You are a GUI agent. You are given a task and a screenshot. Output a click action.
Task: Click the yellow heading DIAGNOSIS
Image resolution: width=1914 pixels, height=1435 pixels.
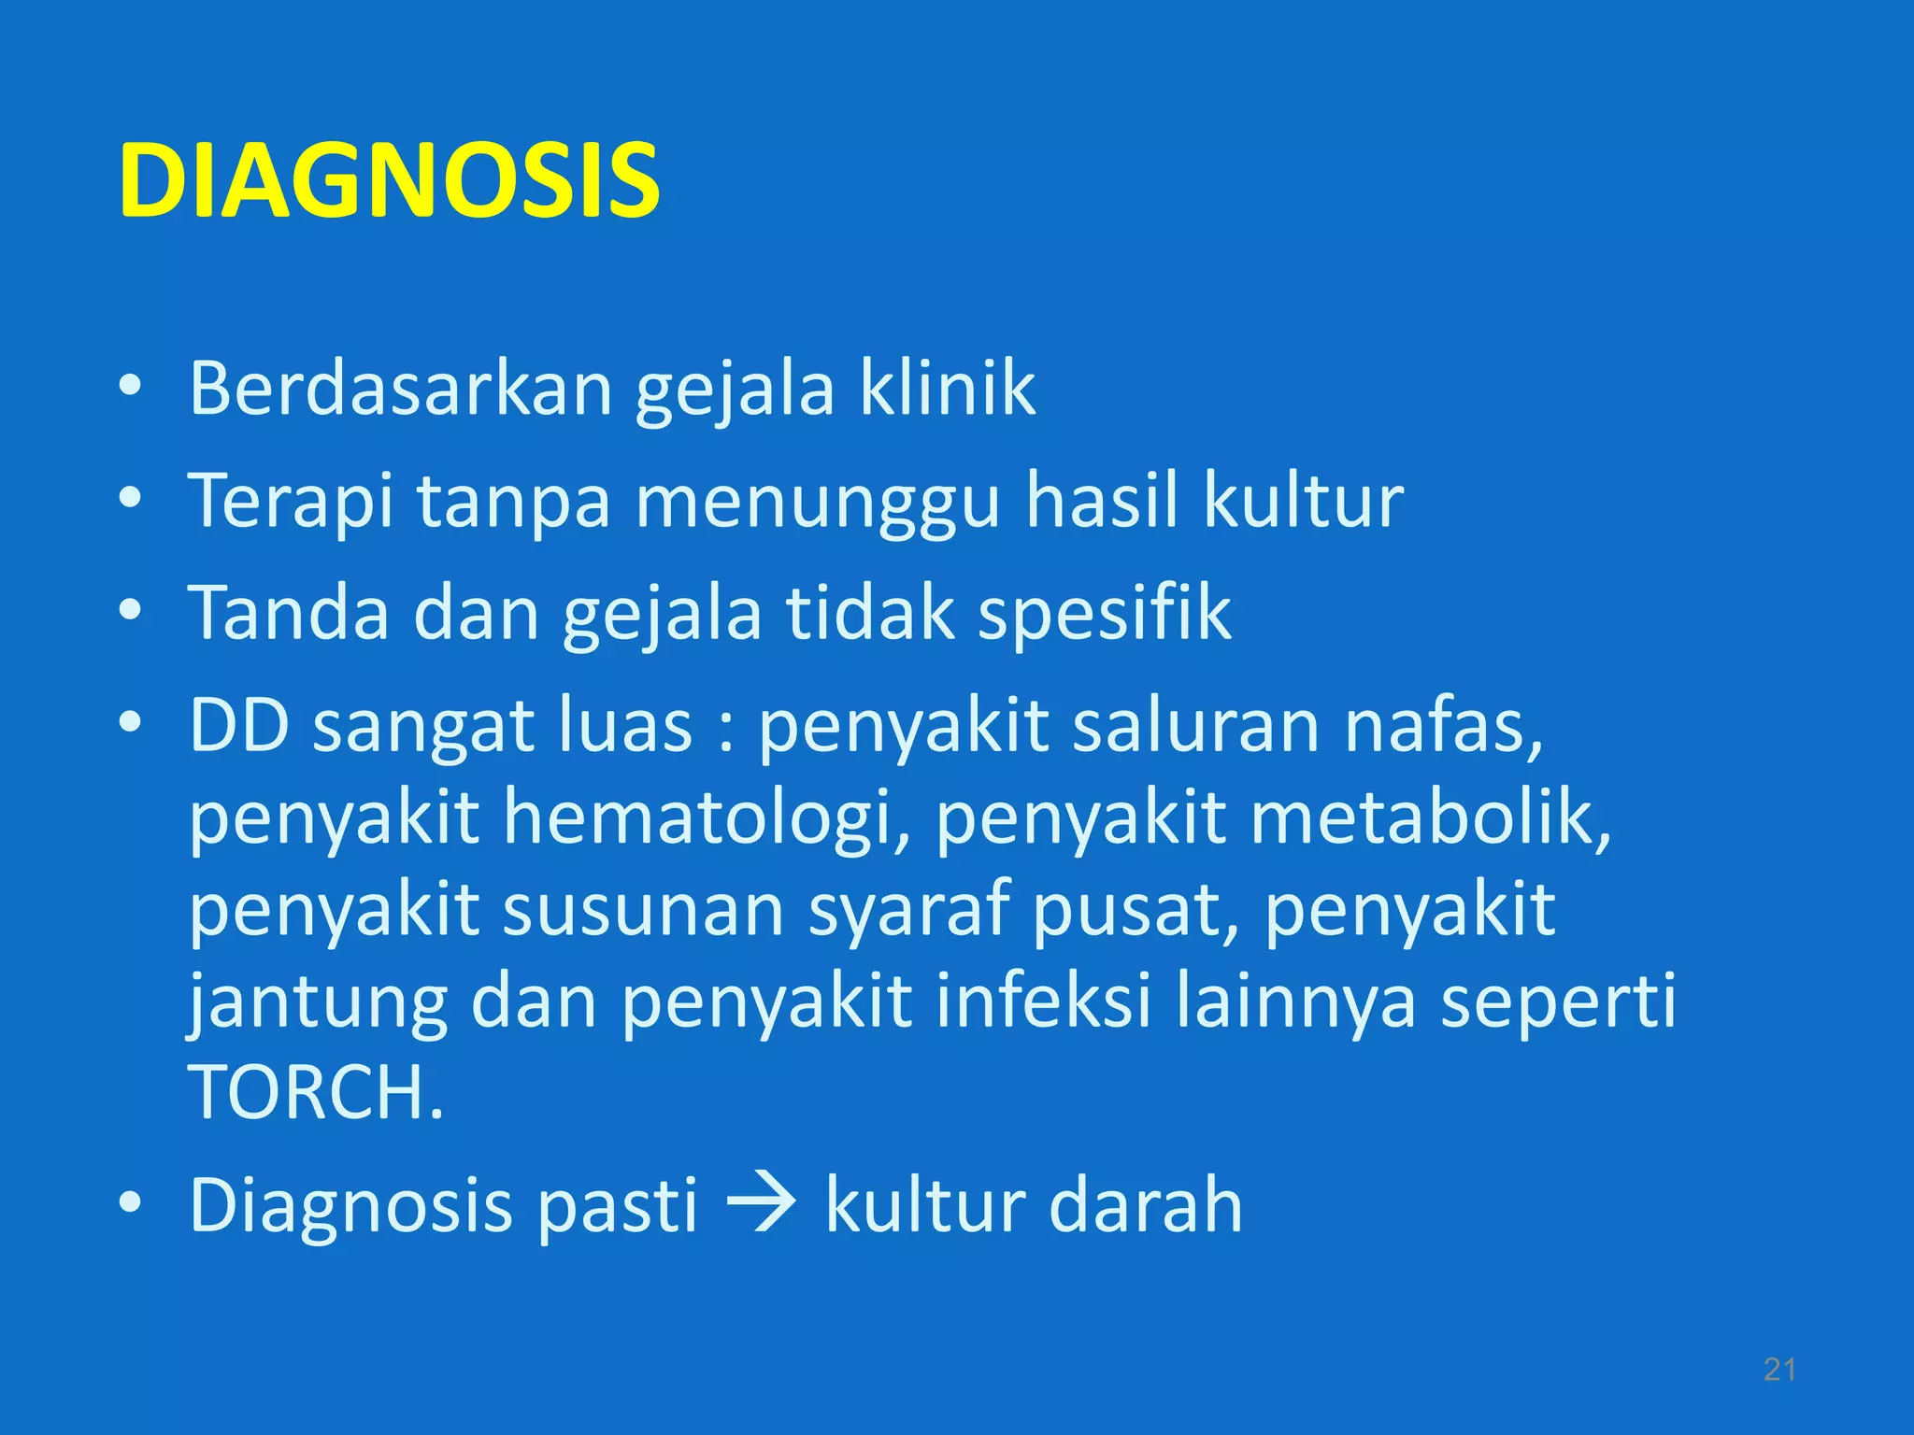click(x=389, y=181)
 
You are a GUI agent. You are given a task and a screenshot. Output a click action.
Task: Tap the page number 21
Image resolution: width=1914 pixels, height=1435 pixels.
click(x=1779, y=1370)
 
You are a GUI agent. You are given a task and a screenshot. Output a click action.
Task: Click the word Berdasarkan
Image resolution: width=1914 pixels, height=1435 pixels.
click(x=400, y=388)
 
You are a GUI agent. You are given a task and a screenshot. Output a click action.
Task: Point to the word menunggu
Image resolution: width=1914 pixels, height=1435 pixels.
click(x=818, y=502)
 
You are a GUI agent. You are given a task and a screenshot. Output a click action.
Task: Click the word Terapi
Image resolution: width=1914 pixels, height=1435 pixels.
click(x=290, y=502)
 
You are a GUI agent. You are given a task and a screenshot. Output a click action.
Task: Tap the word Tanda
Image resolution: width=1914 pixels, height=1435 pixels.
click(x=288, y=613)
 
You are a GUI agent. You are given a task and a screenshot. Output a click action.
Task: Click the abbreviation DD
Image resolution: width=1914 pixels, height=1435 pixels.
click(x=239, y=725)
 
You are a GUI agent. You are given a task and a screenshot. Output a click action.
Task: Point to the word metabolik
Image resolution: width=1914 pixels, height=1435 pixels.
click(x=1430, y=817)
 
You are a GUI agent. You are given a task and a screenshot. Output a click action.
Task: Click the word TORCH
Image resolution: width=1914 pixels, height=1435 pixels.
click(x=315, y=1092)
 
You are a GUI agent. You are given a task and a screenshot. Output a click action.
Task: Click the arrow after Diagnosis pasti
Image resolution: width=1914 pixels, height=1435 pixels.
click(x=761, y=1204)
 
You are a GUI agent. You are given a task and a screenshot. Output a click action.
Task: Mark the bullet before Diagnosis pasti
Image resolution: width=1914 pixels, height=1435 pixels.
click(x=130, y=1202)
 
